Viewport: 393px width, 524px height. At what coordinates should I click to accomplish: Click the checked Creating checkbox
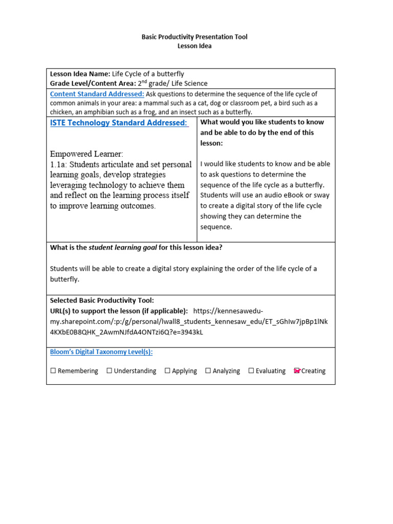[297, 371]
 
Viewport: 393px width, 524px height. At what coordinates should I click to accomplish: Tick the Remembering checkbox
[53, 371]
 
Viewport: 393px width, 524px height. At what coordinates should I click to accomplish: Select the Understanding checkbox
[110, 371]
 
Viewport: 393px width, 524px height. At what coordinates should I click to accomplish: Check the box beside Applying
[167, 371]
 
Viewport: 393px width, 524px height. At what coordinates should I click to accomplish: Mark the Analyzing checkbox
[208, 371]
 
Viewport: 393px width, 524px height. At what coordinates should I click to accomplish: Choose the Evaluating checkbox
[251, 371]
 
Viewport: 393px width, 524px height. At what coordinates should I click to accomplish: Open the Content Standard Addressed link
[97, 94]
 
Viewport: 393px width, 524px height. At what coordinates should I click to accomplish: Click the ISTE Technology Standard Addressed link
[119, 123]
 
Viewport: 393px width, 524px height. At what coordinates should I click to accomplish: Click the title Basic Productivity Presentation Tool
[194, 37]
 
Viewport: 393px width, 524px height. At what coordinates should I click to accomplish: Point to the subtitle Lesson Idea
[194, 46]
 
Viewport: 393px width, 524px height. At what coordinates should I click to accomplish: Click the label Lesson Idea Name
[80, 74]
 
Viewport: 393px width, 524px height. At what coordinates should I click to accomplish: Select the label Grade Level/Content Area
[93, 83]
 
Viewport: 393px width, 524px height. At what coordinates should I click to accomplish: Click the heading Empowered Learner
[86, 154]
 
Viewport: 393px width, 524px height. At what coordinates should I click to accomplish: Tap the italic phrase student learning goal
[123, 248]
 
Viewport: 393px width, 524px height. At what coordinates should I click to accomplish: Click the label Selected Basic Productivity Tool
[102, 300]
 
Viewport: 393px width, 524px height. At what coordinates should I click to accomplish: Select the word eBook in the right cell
[293, 195]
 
